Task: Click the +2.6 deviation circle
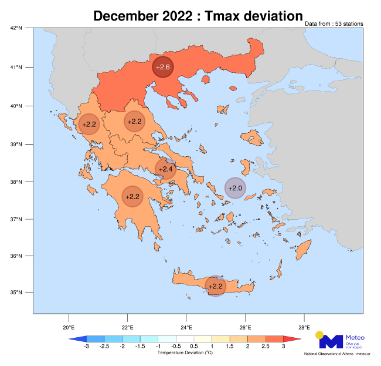click(163, 68)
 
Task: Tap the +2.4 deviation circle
click(166, 169)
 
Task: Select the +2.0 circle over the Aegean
click(235, 188)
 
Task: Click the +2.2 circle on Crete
click(215, 286)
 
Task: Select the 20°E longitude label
click(69, 327)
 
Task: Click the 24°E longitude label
click(186, 327)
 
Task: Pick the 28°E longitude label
click(304, 327)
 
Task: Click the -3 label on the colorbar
click(86, 347)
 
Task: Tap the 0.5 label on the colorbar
click(194, 347)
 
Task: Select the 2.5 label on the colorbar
click(266, 347)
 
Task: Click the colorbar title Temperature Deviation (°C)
click(185, 353)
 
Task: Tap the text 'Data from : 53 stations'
click(334, 24)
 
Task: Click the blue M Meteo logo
click(329, 341)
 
